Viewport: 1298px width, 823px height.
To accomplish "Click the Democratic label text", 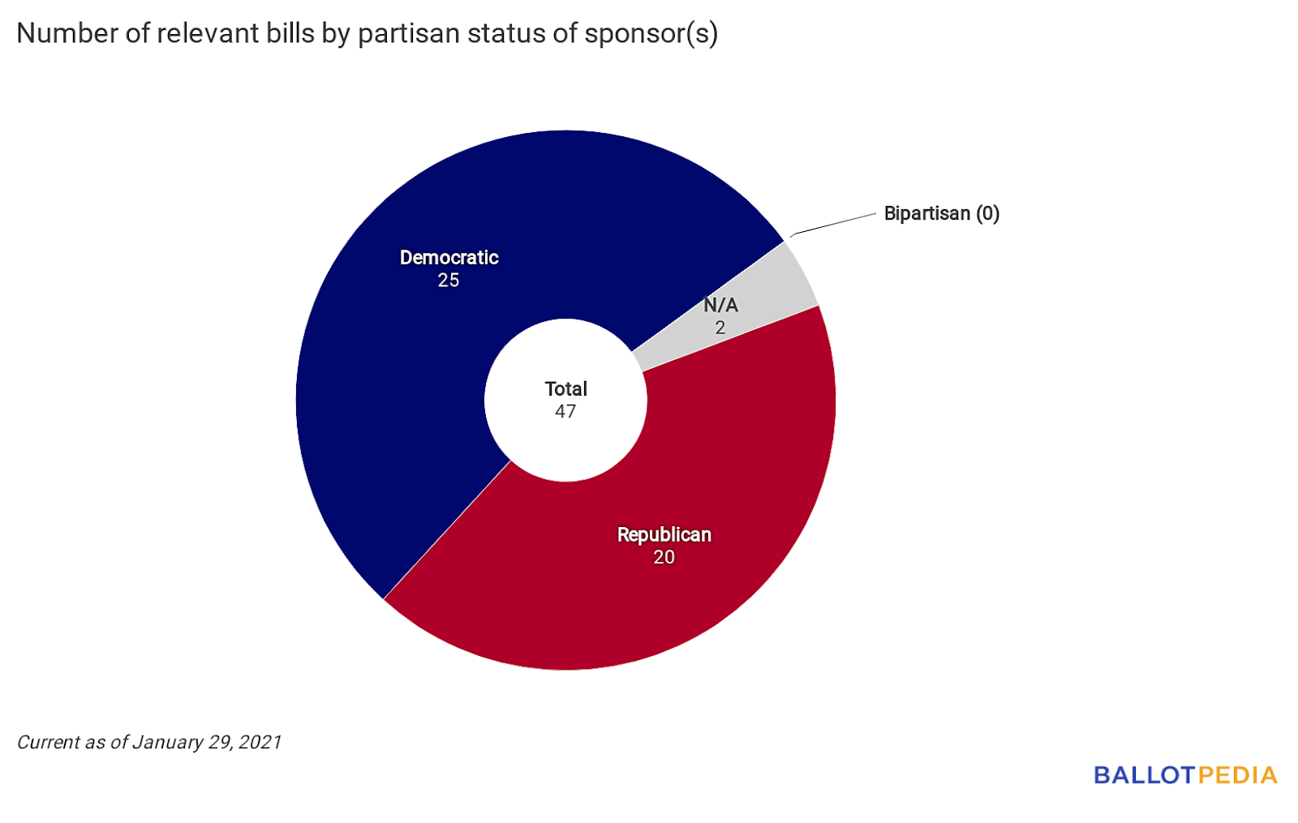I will click(x=449, y=258).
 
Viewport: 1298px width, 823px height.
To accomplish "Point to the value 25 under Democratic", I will click(x=449, y=281).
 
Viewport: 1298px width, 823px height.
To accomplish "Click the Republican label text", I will click(x=664, y=535).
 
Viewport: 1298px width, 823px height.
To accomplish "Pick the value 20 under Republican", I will click(x=664, y=558).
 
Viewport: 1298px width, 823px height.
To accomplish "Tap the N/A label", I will click(x=720, y=306).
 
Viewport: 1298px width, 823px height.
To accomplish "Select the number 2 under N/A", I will click(x=720, y=328).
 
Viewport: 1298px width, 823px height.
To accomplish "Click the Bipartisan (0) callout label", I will click(x=941, y=213).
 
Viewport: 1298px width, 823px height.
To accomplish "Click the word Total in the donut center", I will click(x=565, y=389).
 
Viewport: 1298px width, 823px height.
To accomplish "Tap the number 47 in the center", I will click(x=565, y=412).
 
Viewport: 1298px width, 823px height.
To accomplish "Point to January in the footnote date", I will click(x=168, y=742).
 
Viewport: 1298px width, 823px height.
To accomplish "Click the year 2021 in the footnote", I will click(x=260, y=742).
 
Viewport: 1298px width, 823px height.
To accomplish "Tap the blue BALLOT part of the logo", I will click(x=1145, y=775).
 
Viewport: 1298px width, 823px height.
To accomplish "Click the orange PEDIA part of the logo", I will click(x=1237, y=775).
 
